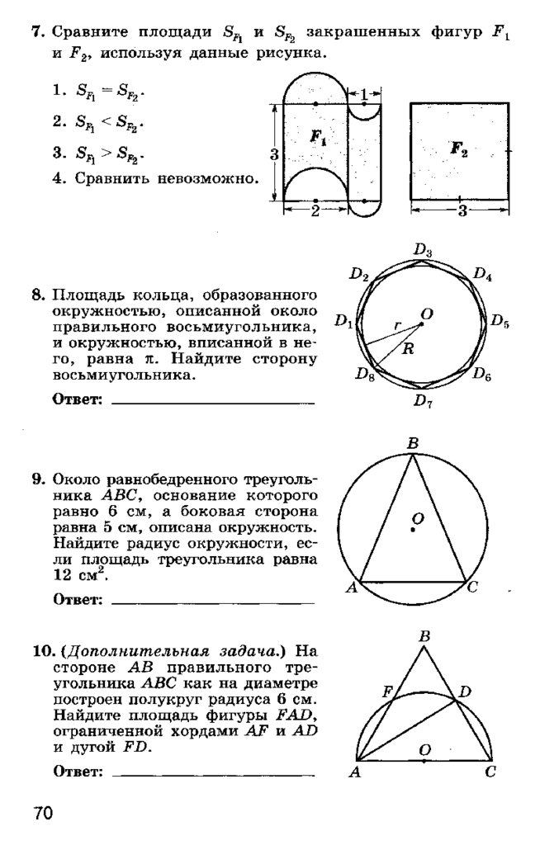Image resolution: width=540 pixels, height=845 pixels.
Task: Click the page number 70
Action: point(43,814)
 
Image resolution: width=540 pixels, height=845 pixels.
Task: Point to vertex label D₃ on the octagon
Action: point(424,250)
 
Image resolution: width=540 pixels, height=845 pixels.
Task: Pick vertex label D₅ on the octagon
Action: point(500,322)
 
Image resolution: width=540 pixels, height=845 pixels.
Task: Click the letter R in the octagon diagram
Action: point(407,348)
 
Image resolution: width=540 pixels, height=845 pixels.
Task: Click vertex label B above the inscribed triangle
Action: point(413,444)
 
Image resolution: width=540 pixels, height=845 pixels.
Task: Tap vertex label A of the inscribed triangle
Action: point(351,587)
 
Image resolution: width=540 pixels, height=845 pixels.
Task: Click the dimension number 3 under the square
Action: point(462,210)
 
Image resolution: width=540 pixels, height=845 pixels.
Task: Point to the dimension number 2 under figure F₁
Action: point(315,210)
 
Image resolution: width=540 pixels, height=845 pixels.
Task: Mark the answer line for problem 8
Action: point(212,402)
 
